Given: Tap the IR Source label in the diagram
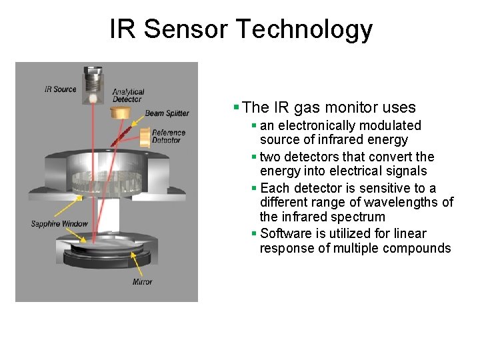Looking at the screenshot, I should click(60, 89).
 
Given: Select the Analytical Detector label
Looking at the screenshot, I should click(127, 95).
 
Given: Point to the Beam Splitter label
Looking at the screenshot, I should click(167, 113).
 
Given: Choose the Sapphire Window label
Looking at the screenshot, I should click(59, 224).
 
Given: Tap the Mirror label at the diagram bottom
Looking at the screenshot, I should click(142, 282).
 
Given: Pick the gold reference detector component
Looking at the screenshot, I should click(144, 137).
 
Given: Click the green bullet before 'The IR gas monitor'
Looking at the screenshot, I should click(236, 107).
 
